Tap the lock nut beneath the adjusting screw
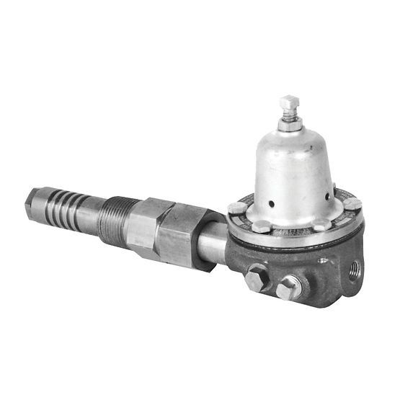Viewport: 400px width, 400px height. pyautogui.click(x=289, y=125)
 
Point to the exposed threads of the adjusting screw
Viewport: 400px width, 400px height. pyautogui.click(x=289, y=114)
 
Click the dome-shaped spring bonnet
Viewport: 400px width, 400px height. pyautogui.click(x=293, y=173)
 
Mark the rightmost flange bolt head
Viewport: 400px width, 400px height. pyautogui.click(x=352, y=204)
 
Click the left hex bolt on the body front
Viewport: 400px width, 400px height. pyautogui.click(x=257, y=277)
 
